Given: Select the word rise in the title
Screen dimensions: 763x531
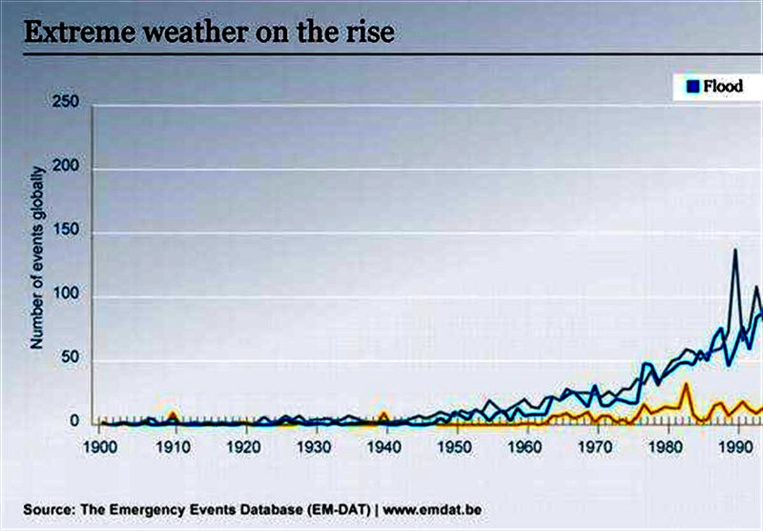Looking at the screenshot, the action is (370, 32).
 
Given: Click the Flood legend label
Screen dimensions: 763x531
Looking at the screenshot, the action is (724, 86).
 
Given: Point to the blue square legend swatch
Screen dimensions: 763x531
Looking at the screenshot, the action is (693, 86).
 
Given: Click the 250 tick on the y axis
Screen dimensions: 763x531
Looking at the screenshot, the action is (65, 102).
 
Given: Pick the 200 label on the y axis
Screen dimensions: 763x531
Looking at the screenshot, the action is (65, 165).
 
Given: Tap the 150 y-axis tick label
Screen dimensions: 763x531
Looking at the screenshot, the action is (65, 230).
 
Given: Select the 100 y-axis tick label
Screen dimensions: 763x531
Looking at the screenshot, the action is (66, 293).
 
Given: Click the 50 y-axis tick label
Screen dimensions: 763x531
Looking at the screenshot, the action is (70, 357).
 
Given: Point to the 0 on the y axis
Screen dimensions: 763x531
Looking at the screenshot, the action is (74, 421).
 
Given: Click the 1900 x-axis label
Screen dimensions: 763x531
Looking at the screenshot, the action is (100, 447).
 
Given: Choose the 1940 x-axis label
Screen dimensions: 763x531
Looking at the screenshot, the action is (385, 447).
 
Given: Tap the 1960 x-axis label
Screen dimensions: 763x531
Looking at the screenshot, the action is (525, 447).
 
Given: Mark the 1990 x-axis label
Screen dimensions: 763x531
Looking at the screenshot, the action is (736, 447).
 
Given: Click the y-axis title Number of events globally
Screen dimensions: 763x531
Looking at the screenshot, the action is (38, 258).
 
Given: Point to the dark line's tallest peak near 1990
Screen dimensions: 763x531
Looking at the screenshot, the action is (735, 250).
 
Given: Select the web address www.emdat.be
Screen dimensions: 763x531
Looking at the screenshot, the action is (432, 510).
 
